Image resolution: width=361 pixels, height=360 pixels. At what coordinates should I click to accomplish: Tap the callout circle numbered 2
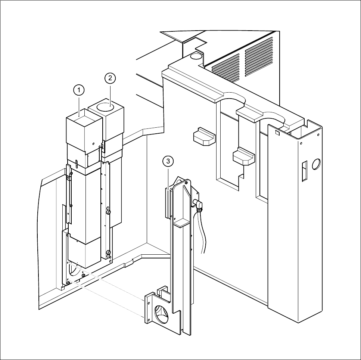pos(110,78)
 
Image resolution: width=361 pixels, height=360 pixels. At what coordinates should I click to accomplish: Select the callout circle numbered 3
pos(168,161)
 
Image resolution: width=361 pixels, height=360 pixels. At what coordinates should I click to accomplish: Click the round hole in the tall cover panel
pos(316,163)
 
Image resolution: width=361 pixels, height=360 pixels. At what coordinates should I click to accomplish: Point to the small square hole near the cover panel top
pos(277,133)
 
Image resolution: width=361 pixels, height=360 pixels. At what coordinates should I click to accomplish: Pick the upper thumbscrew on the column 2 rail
pos(109,212)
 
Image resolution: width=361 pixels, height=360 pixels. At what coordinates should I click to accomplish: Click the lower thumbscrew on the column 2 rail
pos(109,254)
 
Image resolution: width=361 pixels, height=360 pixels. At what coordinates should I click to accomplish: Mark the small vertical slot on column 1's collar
pos(76,163)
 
